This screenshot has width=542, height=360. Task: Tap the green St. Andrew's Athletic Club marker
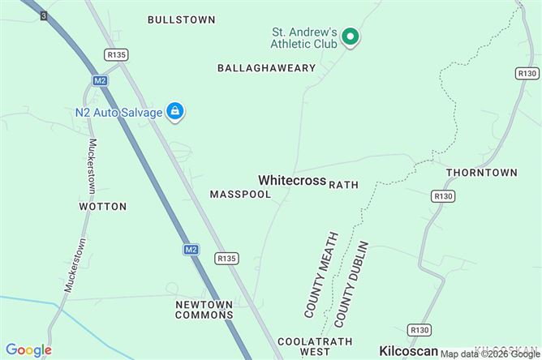(x=350, y=36)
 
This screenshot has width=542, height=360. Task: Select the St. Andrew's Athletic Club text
(x=304, y=37)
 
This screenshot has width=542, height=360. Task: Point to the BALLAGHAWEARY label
(x=266, y=68)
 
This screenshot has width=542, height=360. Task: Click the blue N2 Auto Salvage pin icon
(x=174, y=111)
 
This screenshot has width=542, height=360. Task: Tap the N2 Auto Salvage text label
(x=119, y=112)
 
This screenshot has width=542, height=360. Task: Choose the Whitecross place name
(x=292, y=180)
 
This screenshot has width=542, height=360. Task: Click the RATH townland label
(x=343, y=185)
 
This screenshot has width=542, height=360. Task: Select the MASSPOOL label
(x=240, y=195)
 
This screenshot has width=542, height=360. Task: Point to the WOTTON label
(x=103, y=207)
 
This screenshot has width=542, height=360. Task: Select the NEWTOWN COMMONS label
(x=204, y=309)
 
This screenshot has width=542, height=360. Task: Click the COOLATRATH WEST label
(x=303, y=346)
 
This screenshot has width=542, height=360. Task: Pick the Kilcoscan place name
(x=409, y=346)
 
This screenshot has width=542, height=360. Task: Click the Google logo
(x=28, y=349)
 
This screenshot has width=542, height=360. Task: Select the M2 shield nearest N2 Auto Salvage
(x=100, y=80)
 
